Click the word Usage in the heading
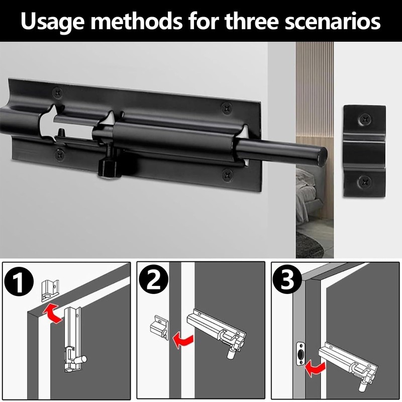click(x=53, y=22)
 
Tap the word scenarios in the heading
click(x=333, y=22)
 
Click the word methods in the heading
click(x=136, y=21)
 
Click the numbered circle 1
click(x=19, y=282)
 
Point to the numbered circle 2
click(x=154, y=279)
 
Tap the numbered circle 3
click(x=287, y=279)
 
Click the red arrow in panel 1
click(x=52, y=313)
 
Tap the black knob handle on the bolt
click(x=110, y=169)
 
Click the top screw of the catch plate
click(x=365, y=119)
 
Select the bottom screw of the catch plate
click(x=364, y=181)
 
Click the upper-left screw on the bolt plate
click(x=57, y=92)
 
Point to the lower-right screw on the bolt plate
click(x=228, y=174)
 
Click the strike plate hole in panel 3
click(x=300, y=354)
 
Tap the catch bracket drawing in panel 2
click(x=159, y=328)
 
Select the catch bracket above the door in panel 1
click(x=50, y=290)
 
